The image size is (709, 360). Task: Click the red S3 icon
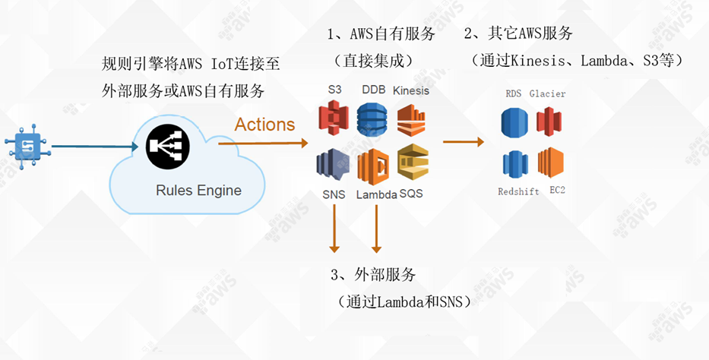333,118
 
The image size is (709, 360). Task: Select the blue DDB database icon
372,119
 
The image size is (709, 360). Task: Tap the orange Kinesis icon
411,119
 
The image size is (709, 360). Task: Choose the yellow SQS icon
413,163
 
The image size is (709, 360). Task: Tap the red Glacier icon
548,122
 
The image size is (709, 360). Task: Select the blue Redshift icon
514,164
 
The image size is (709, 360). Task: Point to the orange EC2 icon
550,163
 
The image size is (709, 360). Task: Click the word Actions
264,125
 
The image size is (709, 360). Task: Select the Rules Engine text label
198,191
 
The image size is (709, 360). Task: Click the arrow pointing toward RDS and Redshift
464,141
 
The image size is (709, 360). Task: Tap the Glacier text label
548,93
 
